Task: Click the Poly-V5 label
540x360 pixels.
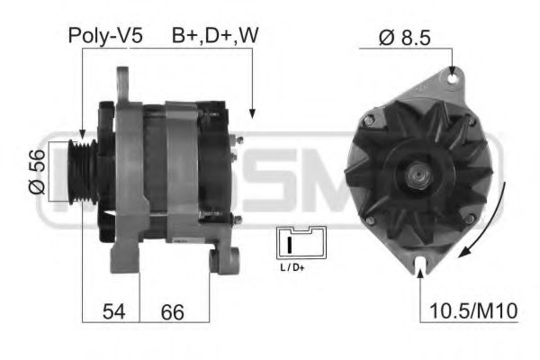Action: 104,36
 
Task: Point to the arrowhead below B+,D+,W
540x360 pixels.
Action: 252,113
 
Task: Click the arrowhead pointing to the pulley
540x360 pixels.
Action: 83,133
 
